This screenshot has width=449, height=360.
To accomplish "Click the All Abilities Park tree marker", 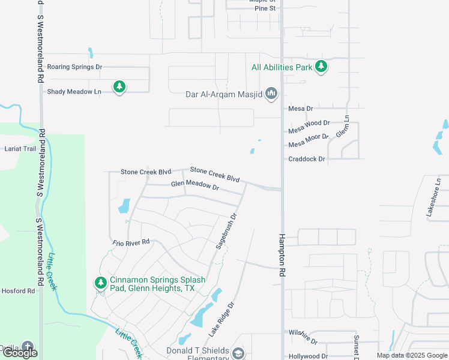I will coord(321,67).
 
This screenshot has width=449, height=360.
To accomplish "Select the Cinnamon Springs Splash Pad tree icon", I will coord(100,282).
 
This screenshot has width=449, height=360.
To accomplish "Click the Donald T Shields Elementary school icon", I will coord(238,353).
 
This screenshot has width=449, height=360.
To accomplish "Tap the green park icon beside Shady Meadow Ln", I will coord(119,87).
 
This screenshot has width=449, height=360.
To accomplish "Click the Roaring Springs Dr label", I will coord(74,67).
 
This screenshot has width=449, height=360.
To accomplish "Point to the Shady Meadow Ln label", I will coord(74,91).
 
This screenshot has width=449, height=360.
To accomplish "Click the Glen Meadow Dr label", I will coord(195,186).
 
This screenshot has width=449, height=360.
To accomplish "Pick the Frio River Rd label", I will coord(130,243).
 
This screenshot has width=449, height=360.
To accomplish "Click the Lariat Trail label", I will coord(21,148).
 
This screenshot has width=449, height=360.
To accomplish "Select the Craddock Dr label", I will coord(306,159).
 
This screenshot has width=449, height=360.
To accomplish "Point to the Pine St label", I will coord(265,8).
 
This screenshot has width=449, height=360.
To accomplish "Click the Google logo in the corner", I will coord(20,353).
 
